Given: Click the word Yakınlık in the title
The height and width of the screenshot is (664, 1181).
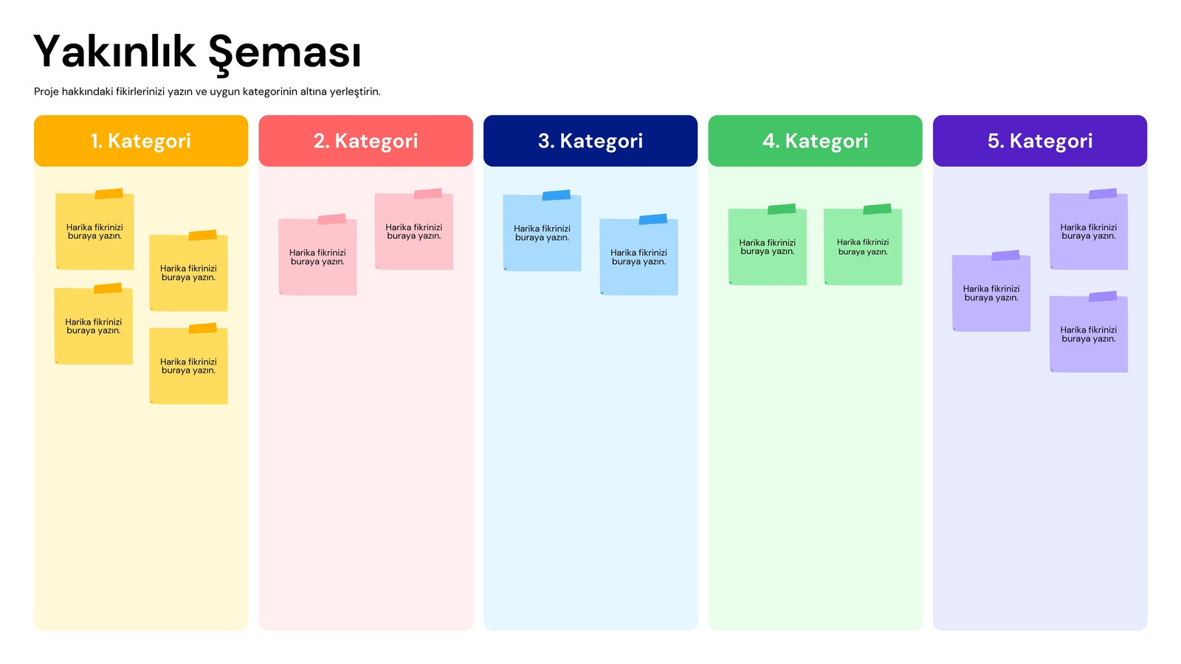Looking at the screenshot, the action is [114, 52].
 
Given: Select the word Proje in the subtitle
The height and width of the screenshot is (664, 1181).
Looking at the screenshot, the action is [47, 91].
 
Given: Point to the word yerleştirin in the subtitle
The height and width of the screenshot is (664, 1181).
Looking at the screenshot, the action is [354, 91].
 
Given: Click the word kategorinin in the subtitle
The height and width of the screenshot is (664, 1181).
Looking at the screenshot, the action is [270, 91].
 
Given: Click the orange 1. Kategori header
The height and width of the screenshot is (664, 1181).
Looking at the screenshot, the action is [141, 141].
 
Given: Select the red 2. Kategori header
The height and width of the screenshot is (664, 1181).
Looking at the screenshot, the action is [365, 141].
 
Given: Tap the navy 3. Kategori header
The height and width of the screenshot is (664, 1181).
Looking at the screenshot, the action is [590, 141].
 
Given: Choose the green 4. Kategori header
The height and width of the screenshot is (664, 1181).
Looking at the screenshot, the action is [815, 141].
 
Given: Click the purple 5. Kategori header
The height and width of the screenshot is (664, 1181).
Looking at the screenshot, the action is [1040, 141].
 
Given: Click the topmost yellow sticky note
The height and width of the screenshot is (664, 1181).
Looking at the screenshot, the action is [94, 229].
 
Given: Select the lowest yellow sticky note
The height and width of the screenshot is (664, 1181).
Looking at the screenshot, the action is [188, 364].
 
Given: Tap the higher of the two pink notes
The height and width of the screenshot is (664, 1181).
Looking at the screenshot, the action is [414, 229].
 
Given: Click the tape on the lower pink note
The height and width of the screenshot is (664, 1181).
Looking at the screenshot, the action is [331, 219].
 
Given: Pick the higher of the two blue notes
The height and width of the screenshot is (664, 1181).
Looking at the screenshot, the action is [542, 232].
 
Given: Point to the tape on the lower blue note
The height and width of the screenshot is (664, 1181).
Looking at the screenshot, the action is [653, 219].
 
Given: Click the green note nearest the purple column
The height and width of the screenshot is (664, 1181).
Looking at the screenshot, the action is [863, 245].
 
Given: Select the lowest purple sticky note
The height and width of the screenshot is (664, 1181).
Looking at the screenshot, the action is [1088, 333].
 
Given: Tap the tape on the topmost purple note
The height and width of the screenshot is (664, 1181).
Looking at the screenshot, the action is [1103, 194].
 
